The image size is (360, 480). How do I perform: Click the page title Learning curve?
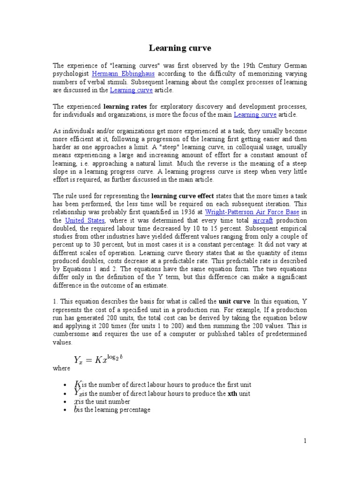(x=180, y=48)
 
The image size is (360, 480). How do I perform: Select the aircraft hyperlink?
(x=262, y=220)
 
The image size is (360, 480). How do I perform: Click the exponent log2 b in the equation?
(x=114, y=357)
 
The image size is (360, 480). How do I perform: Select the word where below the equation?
(x=61, y=368)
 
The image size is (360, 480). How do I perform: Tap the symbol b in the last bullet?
(x=77, y=410)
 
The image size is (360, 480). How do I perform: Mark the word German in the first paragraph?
(x=295, y=65)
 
